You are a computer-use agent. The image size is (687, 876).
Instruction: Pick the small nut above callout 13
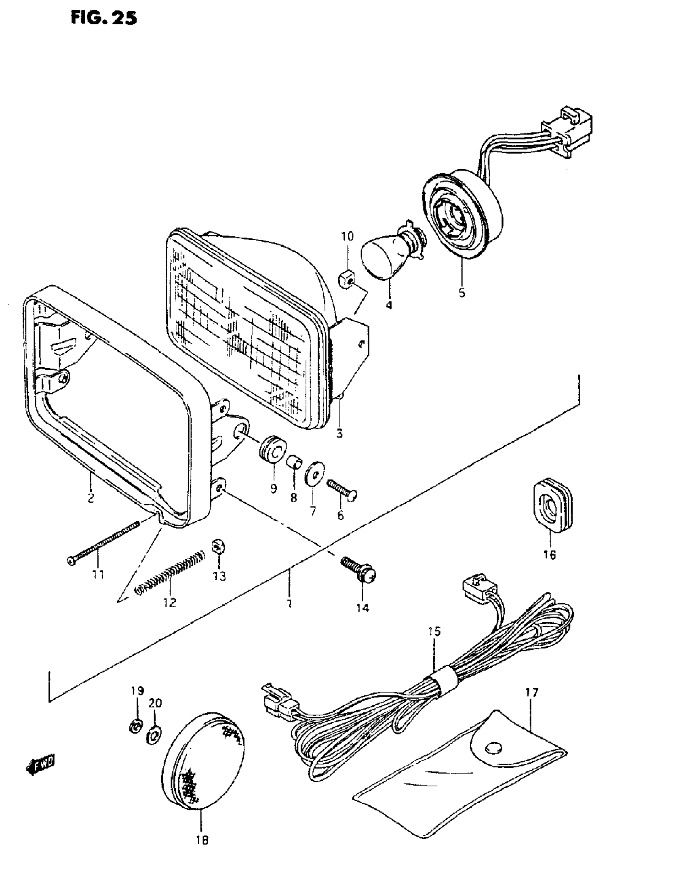coord(218,547)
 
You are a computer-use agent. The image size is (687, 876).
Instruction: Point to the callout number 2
coord(91,498)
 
